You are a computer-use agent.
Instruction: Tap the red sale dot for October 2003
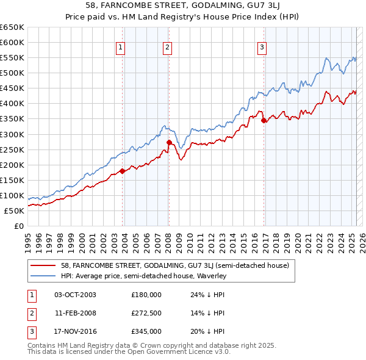point(122,171)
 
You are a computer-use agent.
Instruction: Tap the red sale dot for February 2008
point(169,142)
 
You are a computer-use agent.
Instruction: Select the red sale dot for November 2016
point(264,120)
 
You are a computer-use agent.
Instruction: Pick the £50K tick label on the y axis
point(15,211)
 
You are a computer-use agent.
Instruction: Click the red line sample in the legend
point(43,265)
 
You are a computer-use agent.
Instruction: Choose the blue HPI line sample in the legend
point(43,276)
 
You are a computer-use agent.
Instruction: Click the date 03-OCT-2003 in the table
point(75,295)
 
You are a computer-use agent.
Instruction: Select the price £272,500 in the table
point(146,313)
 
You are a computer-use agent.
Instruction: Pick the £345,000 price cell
point(146,331)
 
